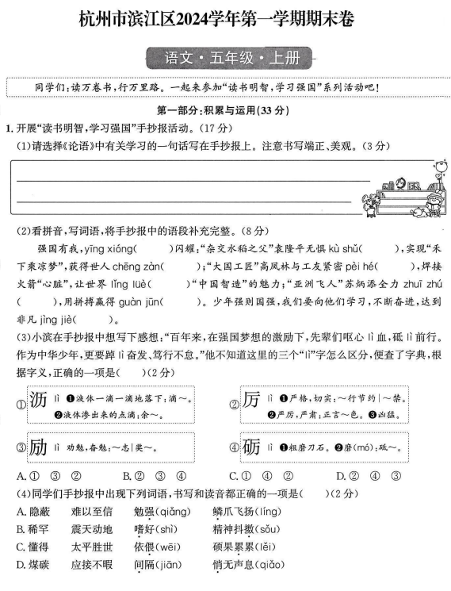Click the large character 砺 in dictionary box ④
tap(252, 448)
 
